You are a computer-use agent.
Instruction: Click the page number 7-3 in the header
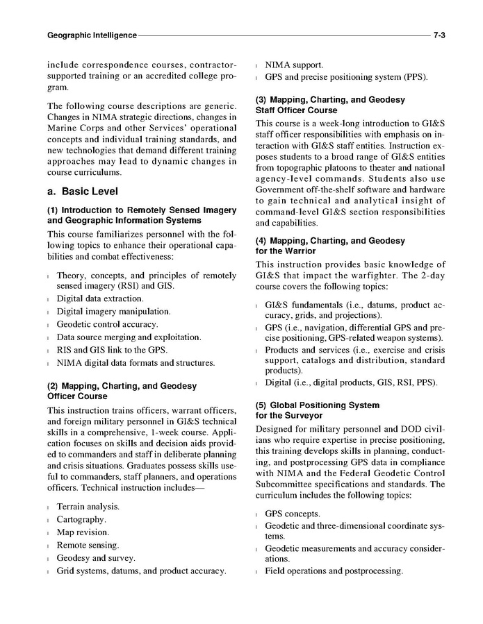pyautogui.click(x=439, y=34)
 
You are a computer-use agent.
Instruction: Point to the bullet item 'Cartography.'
pyautogui.click(x=81, y=520)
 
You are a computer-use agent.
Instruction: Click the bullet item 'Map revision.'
pyautogui.click(x=83, y=532)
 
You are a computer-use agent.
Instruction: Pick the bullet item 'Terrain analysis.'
pyautogui.click(x=88, y=507)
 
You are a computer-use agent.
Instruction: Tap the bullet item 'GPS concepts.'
pyautogui.click(x=292, y=514)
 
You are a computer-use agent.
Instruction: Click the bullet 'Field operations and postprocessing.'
pyautogui.click(x=334, y=571)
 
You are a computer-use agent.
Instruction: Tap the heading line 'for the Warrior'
pyautogui.click(x=286, y=251)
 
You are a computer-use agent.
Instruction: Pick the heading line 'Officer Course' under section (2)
pyautogui.click(x=77, y=396)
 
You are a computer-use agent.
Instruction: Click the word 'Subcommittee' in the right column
pyautogui.click(x=285, y=484)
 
